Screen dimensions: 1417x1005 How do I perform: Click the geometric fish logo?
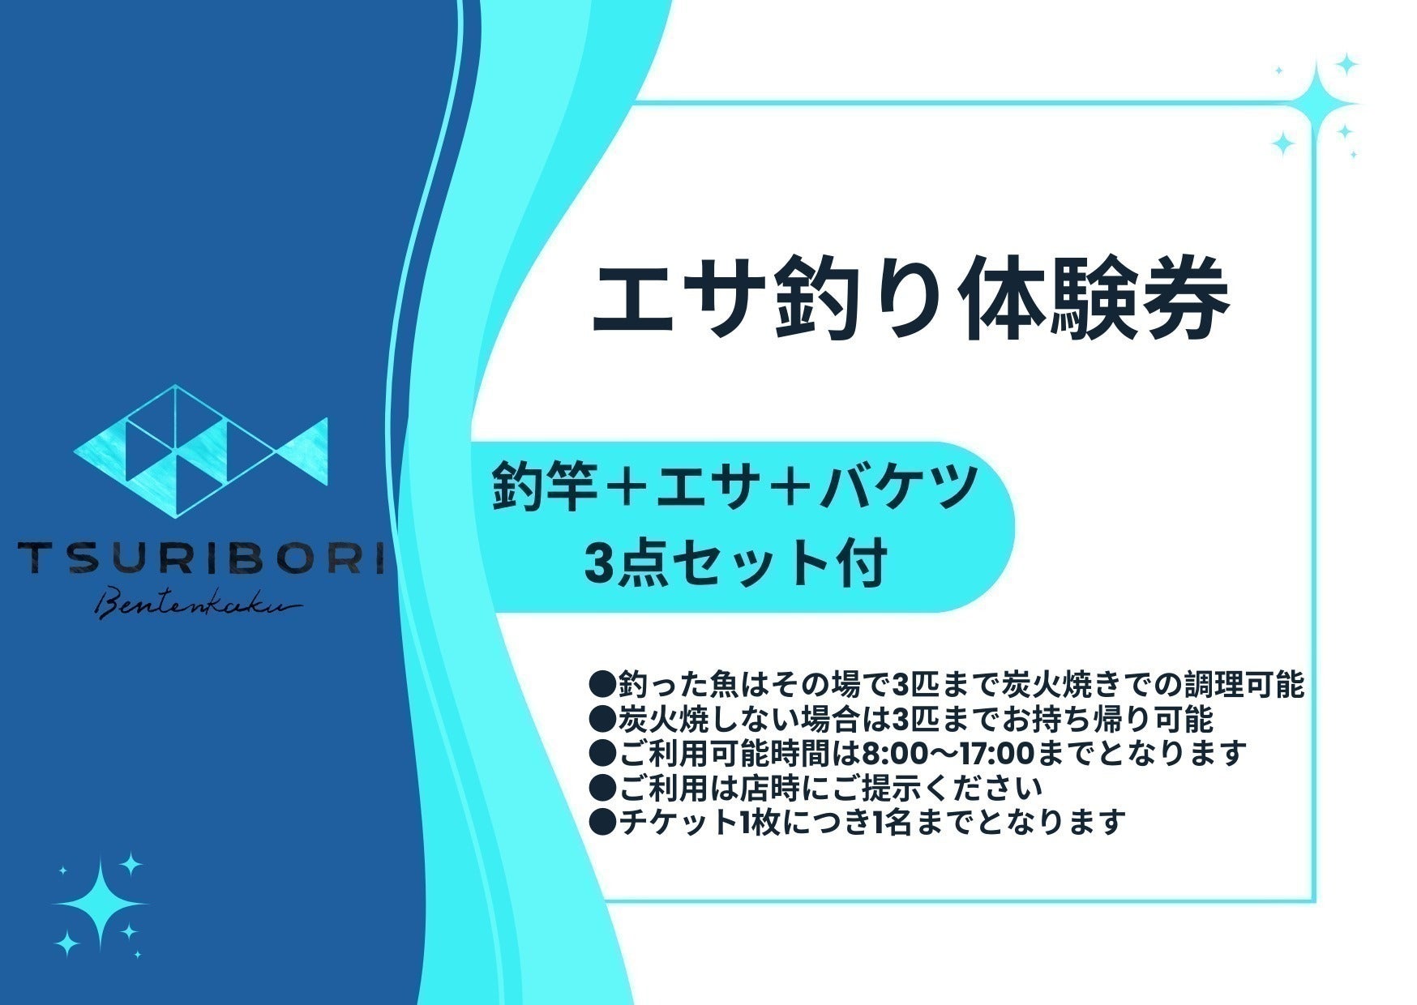pos(201,450)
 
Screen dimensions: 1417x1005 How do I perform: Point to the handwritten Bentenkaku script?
pos(199,604)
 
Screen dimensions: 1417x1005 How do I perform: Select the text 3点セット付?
pos(735,562)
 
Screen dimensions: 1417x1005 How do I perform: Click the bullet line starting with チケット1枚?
pos(858,823)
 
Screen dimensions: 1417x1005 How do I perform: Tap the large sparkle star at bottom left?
pos(99,903)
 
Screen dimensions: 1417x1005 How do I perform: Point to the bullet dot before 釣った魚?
pos(602,686)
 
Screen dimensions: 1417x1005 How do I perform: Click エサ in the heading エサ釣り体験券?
pos(676,298)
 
